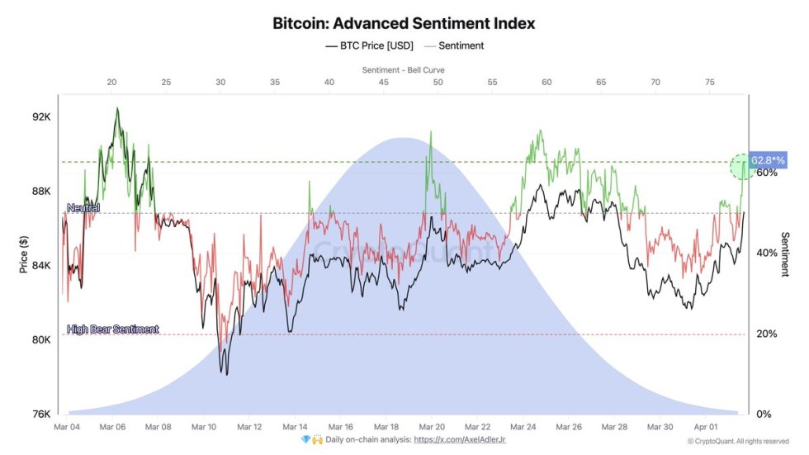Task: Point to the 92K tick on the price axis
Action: point(42,117)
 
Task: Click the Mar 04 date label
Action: point(66,427)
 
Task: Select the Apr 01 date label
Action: point(707,427)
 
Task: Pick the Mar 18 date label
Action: point(386,427)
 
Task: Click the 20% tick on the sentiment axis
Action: point(767,334)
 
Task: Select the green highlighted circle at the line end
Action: point(743,167)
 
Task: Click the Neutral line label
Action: point(83,208)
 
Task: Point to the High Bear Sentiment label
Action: point(112,329)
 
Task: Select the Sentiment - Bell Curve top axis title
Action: point(404,69)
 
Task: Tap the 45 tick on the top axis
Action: point(383,83)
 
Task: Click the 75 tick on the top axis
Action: point(709,83)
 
